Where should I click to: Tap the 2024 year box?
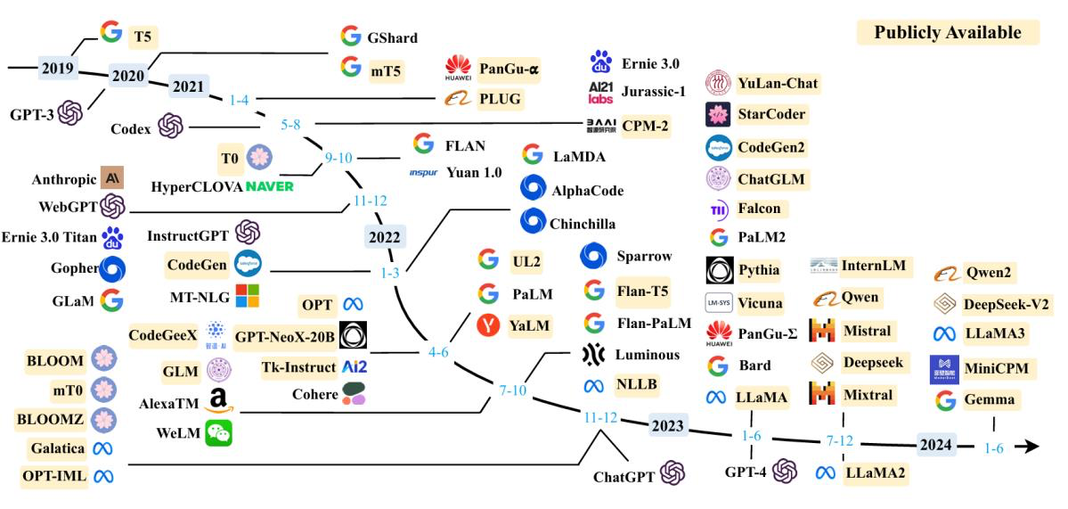coord(937,444)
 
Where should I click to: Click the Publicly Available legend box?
coord(947,33)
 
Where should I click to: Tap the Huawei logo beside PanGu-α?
coord(457,68)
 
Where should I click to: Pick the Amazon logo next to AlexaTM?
coord(218,402)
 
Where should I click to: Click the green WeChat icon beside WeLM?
coord(218,433)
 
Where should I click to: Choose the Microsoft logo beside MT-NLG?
coord(248,294)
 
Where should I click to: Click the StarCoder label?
coord(771,114)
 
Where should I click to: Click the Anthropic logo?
coord(112,177)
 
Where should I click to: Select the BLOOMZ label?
coord(55,417)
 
